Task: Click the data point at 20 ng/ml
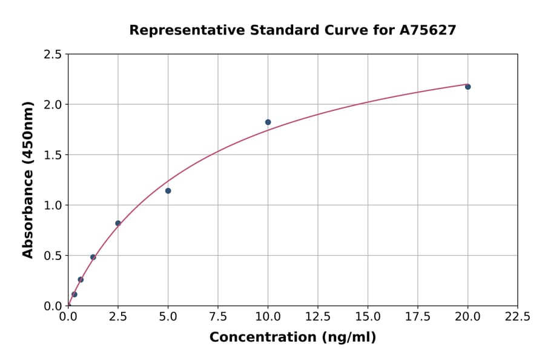point(467,87)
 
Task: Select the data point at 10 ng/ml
point(268,122)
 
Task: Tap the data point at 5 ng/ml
point(168,191)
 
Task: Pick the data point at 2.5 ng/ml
point(118,223)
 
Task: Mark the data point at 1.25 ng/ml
point(93,257)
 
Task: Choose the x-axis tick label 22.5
point(517,317)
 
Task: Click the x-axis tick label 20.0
point(467,317)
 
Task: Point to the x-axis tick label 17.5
point(418,317)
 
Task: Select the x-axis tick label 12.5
point(318,317)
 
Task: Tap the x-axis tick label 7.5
point(218,317)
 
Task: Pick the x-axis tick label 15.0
point(368,317)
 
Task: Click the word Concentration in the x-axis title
point(263,338)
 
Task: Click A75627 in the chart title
point(427,30)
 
